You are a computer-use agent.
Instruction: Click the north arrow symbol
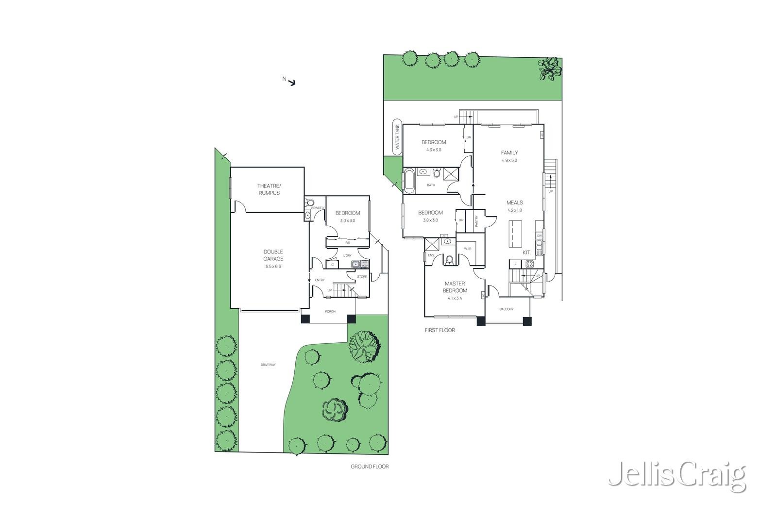291,83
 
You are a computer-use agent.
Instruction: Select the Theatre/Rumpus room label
269,189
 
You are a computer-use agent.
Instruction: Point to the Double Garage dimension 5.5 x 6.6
273,266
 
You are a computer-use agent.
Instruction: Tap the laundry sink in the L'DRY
355,265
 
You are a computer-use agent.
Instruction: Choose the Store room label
362,277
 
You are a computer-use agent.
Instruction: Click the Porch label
330,312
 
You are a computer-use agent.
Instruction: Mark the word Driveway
268,365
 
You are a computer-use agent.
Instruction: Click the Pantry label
476,221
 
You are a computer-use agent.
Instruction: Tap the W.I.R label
468,249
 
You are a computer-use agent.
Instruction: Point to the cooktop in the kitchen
529,264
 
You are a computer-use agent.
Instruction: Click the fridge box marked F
515,264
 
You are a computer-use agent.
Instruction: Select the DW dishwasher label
539,235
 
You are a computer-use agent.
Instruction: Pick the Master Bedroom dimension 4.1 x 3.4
455,299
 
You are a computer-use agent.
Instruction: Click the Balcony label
506,309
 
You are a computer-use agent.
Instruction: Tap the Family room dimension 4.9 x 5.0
509,160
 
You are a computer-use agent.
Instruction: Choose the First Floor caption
439,330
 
